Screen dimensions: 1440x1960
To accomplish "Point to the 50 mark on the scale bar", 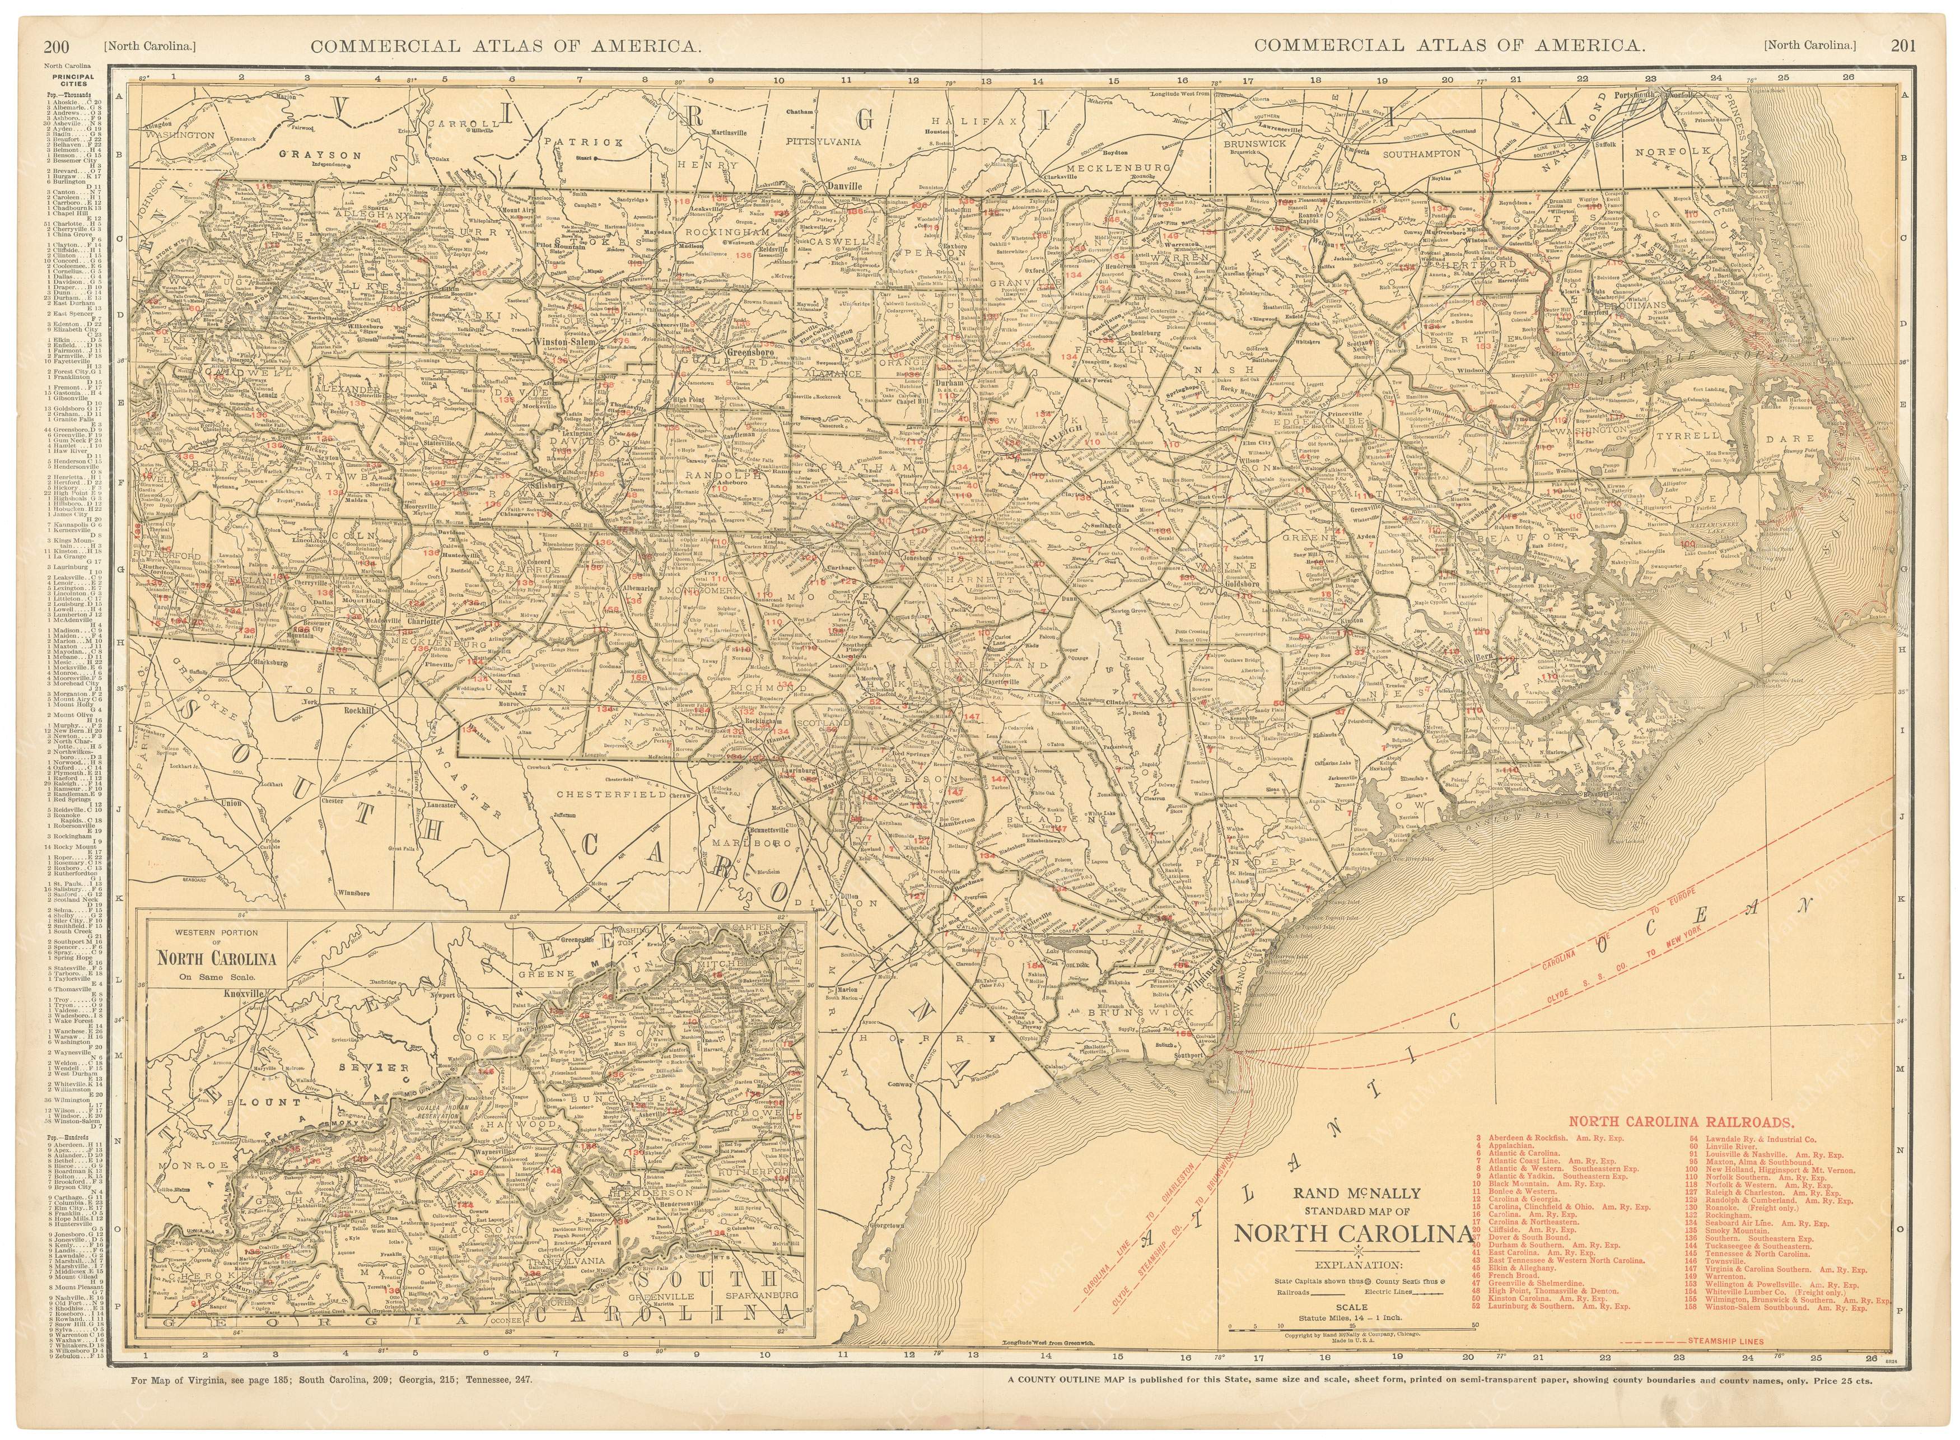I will pyautogui.click(x=1474, y=1325).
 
